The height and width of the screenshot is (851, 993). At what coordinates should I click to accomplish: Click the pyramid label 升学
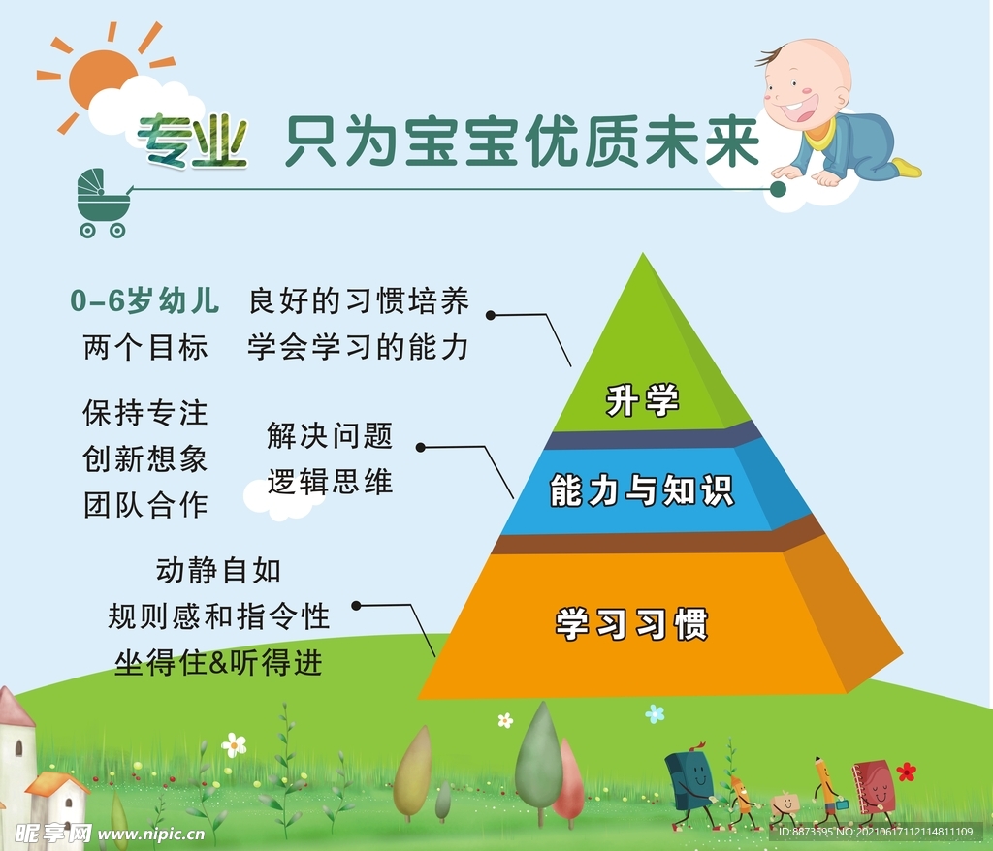pyautogui.click(x=642, y=400)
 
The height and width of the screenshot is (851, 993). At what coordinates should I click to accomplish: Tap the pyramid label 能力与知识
pyautogui.click(x=642, y=490)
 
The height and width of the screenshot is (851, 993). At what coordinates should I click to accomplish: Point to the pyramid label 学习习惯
pyautogui.click(x=631, y=623)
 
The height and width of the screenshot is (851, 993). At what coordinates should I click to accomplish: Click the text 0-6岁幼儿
pyautogui.click(x=145, y=300)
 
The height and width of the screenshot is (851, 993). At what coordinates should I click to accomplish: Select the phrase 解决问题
pyautogui.click(x=330, y=435)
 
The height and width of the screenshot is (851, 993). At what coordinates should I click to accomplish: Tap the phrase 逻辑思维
pyautogui.click(x=330, y=482)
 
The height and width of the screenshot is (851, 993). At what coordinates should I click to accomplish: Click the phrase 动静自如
pyautogui.click(x=218, y=571)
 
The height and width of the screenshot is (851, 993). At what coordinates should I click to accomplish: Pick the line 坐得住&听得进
pyautogui.click(x=218, y=663)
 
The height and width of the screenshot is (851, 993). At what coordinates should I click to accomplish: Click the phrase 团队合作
pyautogui.click(x=145, y=505)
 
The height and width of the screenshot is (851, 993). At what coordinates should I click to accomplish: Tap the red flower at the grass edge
pyautogui.click(x=907, y=772)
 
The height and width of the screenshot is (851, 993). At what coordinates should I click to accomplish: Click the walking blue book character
pyautogui.click(x=690, y=782)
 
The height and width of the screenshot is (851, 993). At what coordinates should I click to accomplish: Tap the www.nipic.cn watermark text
pyautogui.click(x=151, y=834)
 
